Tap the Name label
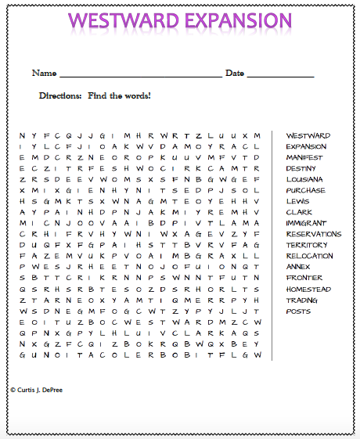pos(44,74)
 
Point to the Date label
pos(235,74)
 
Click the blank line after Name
pos(140,76)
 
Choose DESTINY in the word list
pos(301,168)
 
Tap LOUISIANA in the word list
pos(304,179)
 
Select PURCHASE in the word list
pos(305,190)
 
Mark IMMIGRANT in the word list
pos(306,223)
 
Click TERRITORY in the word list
pos(306,245)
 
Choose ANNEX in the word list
pos(297,267)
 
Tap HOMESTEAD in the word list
pos(306,289)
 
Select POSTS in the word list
pos(298,311)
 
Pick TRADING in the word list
pos(301,300)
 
